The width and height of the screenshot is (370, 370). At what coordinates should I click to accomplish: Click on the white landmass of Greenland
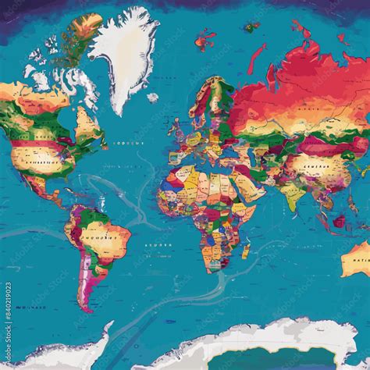[123, 55]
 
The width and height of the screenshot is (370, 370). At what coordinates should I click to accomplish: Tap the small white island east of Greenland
[152, 98]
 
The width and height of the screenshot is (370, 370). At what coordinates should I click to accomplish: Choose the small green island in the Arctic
[251, 27]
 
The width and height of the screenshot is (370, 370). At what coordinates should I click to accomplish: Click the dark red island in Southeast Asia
[339, 221]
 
